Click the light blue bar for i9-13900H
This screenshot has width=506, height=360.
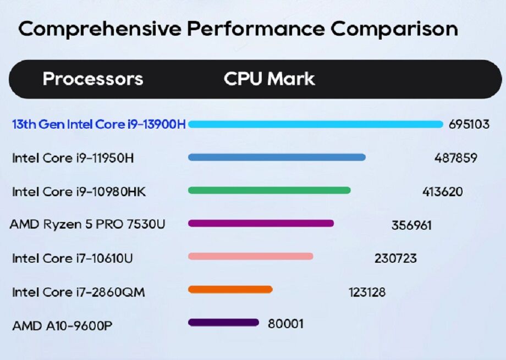tap(315, 124)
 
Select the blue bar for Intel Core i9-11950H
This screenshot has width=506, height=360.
tap(277, 157)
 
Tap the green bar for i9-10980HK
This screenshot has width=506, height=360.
tap(269, 191)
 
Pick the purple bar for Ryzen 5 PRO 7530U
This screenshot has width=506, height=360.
tap(261, 223)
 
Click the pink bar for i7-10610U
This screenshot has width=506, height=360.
tap(250, 256)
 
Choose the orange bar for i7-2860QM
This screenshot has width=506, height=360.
tap(230, 290)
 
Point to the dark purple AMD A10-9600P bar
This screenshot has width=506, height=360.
tap(223, 323)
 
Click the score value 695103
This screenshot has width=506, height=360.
tap(469, 124)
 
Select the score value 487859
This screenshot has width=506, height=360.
tap(455, 158)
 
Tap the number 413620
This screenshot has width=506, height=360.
tap(442, 192)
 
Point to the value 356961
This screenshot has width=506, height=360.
tap(411, 225)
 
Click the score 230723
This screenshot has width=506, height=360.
tap(395, 258)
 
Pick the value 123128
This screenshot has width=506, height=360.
tap(367, 292)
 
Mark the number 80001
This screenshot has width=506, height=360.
tap(285, 324)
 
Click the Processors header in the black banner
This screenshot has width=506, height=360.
tap(92, 79)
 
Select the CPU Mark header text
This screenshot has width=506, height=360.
tap(269, 79)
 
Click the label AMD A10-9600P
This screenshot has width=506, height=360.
tap(62, 326)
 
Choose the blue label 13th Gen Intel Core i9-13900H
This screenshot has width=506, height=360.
tap(99, 125)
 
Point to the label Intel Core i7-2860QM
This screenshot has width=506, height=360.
tap(78, 292)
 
